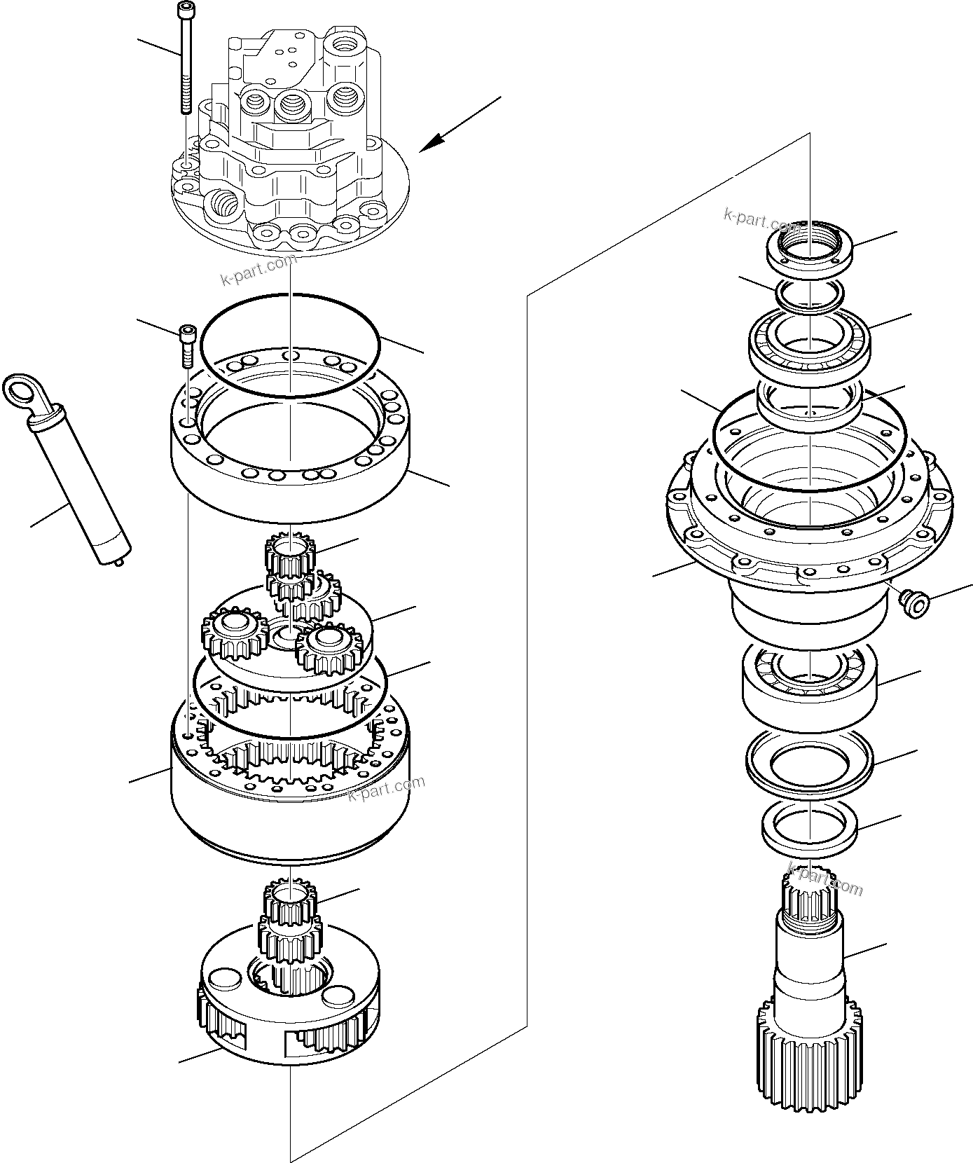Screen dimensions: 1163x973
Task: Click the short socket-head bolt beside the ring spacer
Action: click(x=187, y=345)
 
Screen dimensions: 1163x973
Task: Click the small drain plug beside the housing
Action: click(x=912, y=602)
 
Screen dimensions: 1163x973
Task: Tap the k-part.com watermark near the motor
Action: click(x=258, y=270)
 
